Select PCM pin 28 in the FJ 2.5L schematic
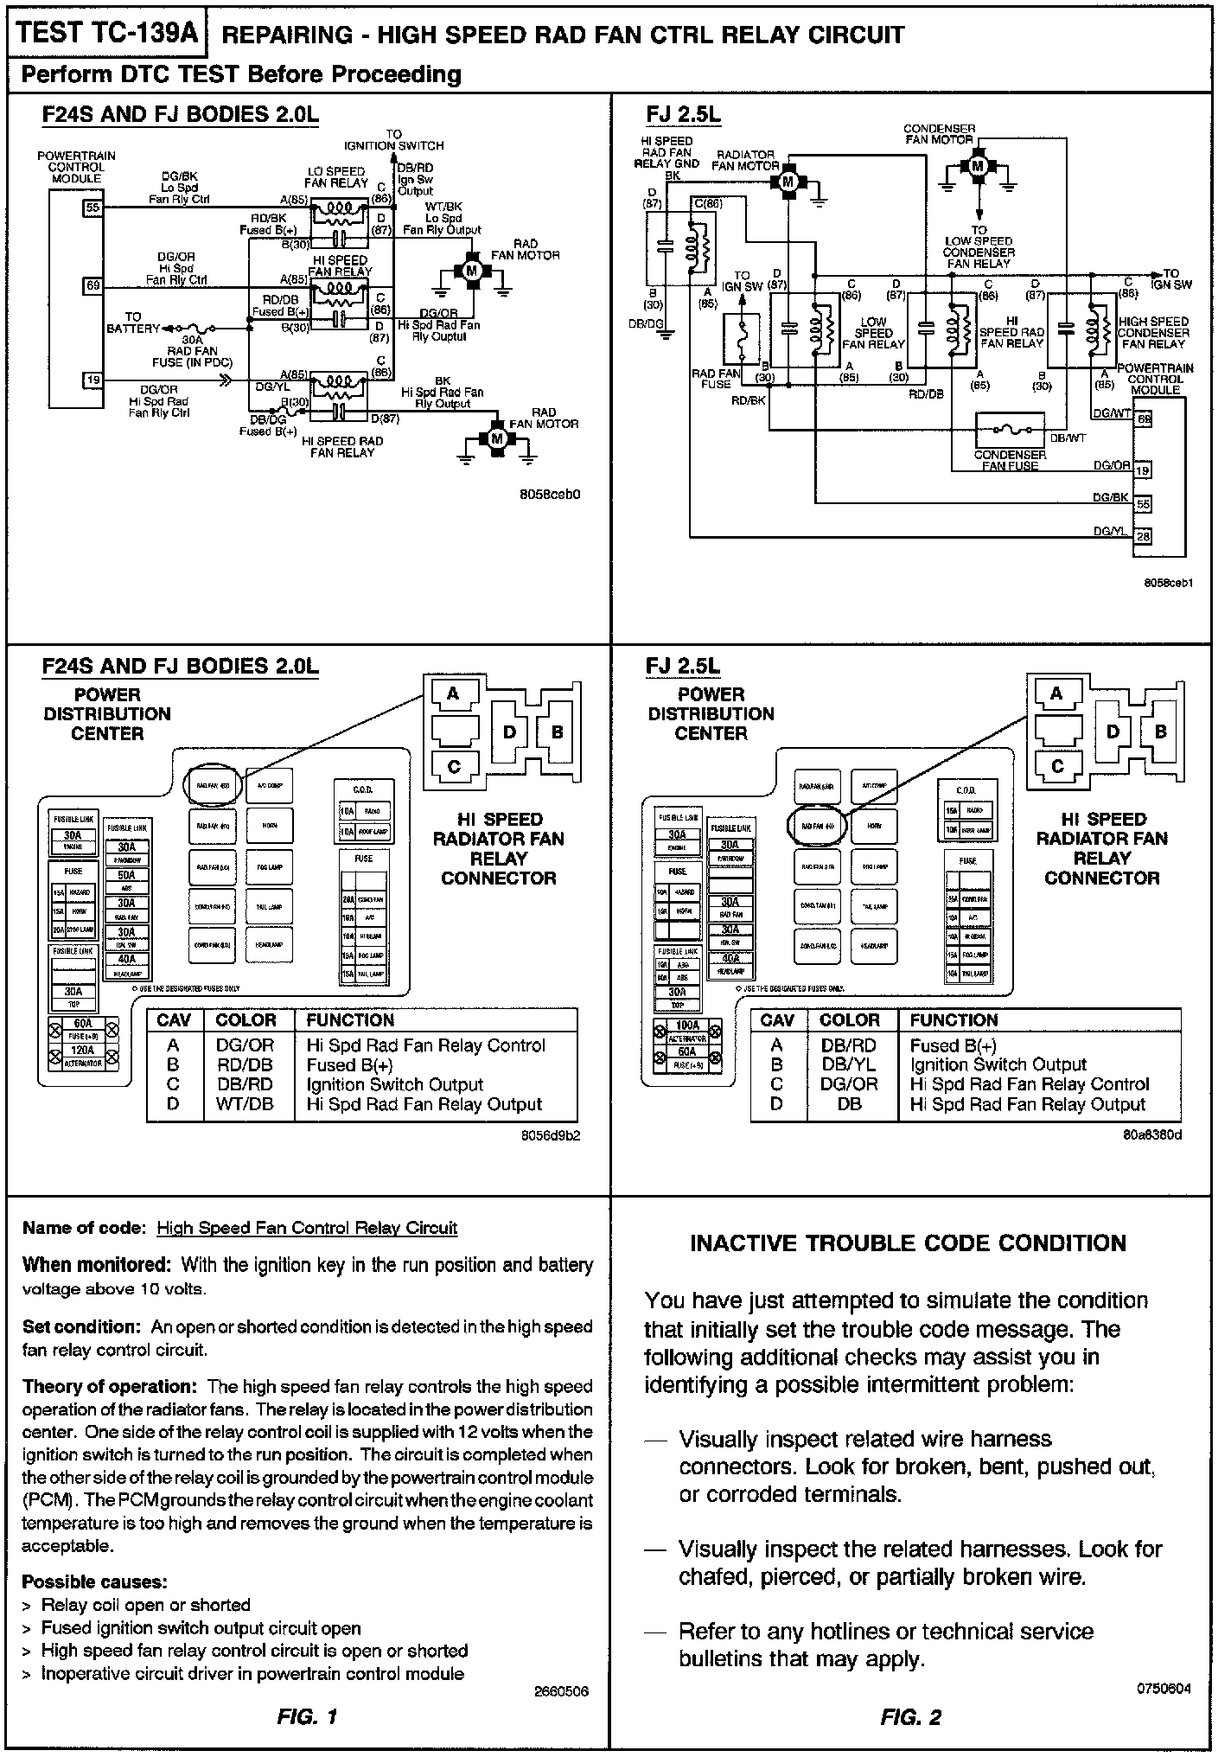click(1143, 536)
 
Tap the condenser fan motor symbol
click(978, 164)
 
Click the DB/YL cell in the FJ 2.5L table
click(849, 1064)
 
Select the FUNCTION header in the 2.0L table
click(350, 1020)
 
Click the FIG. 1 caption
click(307, 1717)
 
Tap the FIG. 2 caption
click(910, 1717)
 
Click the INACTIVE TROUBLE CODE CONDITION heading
click(908, 1243)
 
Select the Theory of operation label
click(112, 1387)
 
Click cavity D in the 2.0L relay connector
click(510, 732)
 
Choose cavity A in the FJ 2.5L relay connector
click(1056, 693)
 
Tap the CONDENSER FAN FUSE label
click(1010, 460)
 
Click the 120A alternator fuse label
click(82, 1051)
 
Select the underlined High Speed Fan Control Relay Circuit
click(307, 1228)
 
